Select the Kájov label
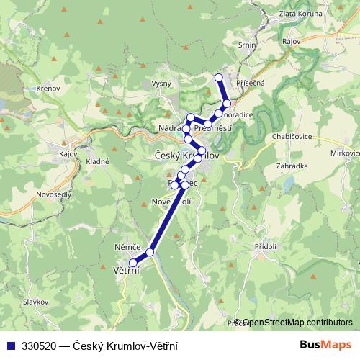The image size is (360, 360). pyautogui.click(x=68, y=153)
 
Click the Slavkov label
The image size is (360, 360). pyautogui.click(x=35, y=302)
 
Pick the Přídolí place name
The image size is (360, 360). pyautogui.click(x=266, y=246)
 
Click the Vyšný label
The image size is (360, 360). pyautogui.click(x=161, y=84)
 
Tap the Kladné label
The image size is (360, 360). pyautogui.click(x=97, y=161)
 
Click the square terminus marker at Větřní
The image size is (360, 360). pyautogui.click(x=132, y=263)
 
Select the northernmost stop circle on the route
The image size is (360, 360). pyautogui.click(x=219, y=77)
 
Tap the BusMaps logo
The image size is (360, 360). pyautogui.click(x=325, y=345)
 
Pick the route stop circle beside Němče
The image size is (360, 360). pyautogui.click(x=150, y=252)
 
